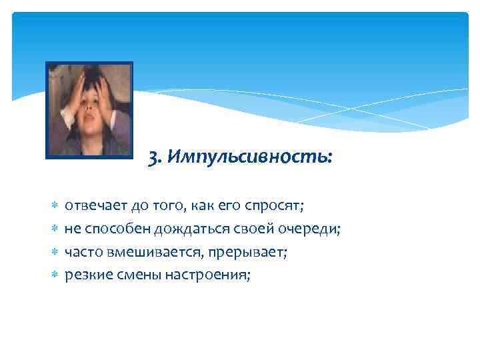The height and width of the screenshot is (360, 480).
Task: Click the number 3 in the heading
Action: [x=153, y=158]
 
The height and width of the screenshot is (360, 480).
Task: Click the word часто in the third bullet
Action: [x=83, y=253]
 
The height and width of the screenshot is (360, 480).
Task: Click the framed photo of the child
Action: [x=89, y=110]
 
